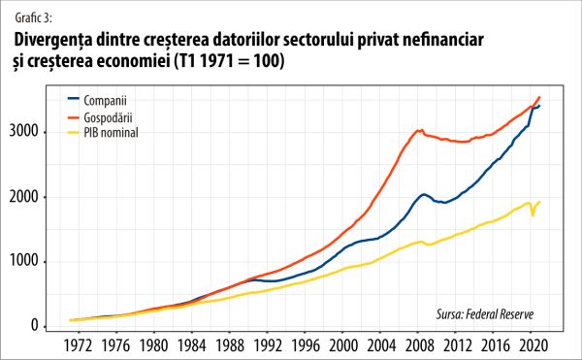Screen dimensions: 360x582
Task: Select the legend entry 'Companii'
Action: (106, 100)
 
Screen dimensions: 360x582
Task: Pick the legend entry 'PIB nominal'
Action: (113, 131)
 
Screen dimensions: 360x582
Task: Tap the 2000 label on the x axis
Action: (339, 344)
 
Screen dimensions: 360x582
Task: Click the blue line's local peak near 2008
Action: (423, 194)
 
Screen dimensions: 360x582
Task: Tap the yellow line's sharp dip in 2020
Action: (533, 214)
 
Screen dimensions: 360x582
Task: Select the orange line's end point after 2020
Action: (540, 97)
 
